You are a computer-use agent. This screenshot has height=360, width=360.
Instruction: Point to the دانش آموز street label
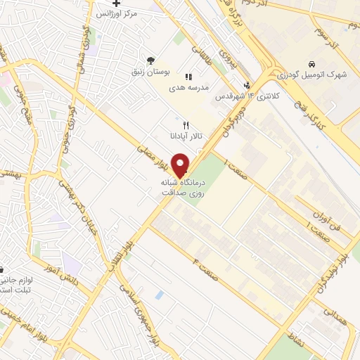[x=72, y=276]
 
